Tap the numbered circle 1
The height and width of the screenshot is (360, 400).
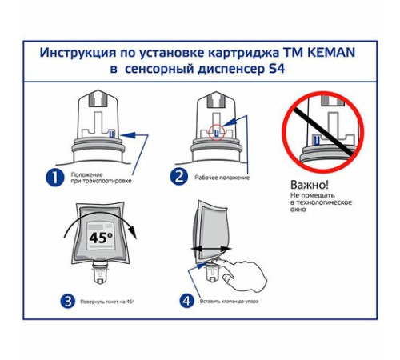[54, 178]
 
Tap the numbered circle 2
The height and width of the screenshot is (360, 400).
[181, 178]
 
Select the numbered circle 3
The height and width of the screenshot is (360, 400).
[69, 302]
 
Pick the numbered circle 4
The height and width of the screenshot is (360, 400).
[186, 302]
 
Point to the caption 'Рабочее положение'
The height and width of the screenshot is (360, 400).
[222, 178]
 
